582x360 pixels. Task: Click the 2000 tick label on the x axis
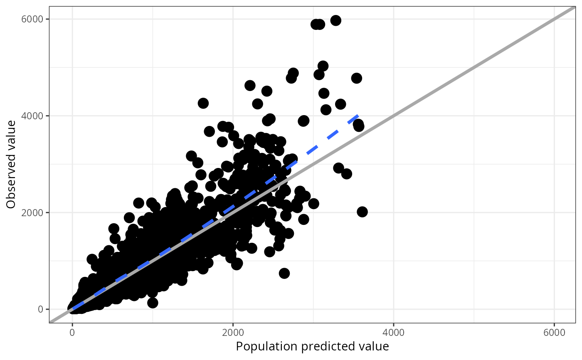233,333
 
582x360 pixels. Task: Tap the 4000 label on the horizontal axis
393,333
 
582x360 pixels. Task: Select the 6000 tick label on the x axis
554,333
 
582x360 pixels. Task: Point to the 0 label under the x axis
72,333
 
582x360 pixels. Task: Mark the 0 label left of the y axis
40,309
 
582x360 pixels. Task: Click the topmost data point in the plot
335,20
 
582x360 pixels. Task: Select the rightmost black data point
362,212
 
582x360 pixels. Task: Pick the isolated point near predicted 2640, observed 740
284,273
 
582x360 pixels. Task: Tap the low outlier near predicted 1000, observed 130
153,303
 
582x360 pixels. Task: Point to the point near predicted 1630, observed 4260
203,103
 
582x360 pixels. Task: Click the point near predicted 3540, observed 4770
356,78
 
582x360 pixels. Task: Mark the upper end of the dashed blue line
358,115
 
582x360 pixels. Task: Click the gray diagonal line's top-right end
575,7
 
